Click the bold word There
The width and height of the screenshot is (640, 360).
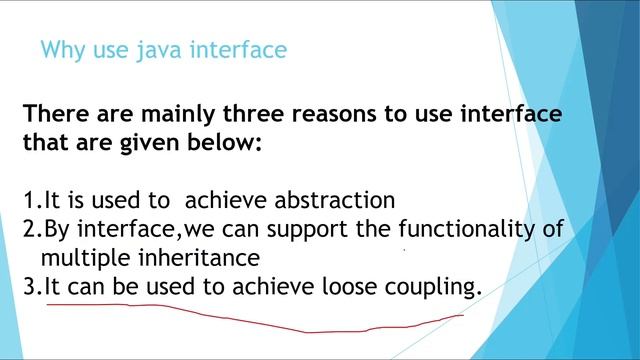click(x=57, y=113)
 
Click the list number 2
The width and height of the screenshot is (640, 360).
click(x=29, y=229)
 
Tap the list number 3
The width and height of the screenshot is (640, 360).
click(x=29, y=287)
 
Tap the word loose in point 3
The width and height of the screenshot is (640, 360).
click(x=351, y=287)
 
